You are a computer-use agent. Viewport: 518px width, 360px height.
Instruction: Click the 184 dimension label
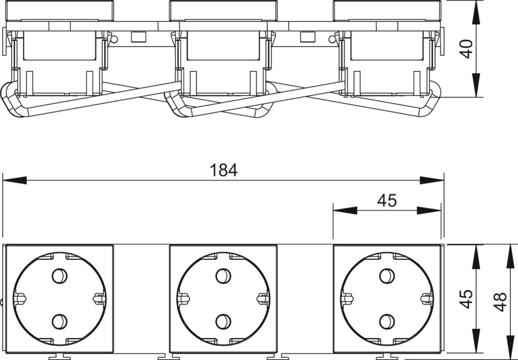pos(224,170)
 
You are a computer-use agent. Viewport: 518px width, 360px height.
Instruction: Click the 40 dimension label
pos(467,49)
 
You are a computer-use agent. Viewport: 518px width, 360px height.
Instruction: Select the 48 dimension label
pos(501,302)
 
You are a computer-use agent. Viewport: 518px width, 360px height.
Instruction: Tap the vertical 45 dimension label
pos(466,299)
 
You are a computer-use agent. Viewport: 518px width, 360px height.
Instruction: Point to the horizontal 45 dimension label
pos(387,201)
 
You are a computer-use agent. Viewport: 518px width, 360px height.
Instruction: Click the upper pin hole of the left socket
pos(60,276)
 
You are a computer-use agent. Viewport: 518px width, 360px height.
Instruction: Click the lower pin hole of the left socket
pos(60,322)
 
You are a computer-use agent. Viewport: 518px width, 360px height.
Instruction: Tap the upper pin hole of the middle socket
pos(223,276)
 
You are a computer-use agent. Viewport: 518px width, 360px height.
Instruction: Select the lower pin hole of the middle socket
pos(223,322)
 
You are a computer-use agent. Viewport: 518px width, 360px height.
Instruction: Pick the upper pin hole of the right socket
pos(387,276)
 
